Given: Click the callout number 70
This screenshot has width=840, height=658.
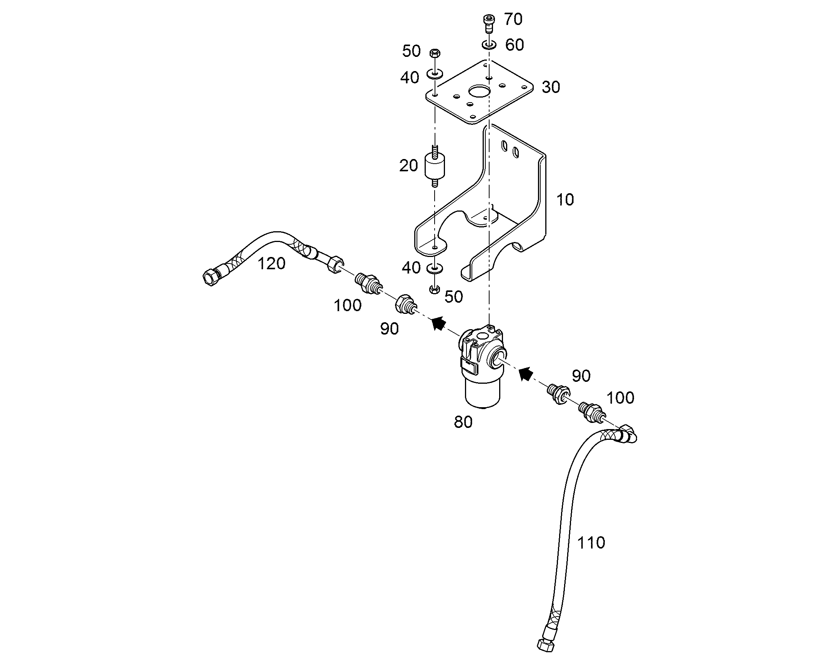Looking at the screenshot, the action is pos(513,19).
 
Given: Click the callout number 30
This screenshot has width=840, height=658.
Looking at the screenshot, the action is pos(551,88).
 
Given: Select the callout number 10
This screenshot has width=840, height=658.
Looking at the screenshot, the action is pos(565,200).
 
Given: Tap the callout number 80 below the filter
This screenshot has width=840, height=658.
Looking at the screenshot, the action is pos(463,422).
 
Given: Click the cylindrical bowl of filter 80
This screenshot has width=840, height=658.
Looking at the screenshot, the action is pos(483,392).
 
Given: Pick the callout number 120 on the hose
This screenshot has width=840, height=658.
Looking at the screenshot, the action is pos(271,264).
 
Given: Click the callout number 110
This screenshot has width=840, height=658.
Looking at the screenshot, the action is pos(591,542).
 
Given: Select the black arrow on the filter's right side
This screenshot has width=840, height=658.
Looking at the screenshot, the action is pos(526,373).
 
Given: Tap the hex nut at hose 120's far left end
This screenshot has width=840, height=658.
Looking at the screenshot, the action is pos(211,276).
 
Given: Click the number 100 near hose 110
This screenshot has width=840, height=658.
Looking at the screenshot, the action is pos(620,398).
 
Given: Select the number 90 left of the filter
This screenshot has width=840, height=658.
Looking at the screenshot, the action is pos(389,328).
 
